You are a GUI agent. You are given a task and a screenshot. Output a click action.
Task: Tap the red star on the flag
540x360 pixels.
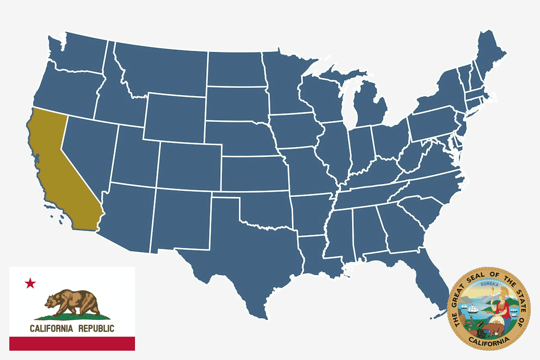tap(30, 283)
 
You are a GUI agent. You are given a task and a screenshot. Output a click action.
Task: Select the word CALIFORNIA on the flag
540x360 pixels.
tap(51, 328)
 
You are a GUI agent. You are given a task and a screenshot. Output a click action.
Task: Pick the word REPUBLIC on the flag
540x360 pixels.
tap(96, 328)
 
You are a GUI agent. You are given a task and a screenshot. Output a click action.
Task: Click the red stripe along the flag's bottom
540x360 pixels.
tap(72, 343)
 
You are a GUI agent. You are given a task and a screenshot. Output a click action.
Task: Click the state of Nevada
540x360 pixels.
tap(88, 149)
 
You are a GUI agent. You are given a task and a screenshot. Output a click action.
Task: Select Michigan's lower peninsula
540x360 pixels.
tap(370, 109)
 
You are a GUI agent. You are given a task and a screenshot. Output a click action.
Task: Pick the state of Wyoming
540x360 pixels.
tap(175, 116)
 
